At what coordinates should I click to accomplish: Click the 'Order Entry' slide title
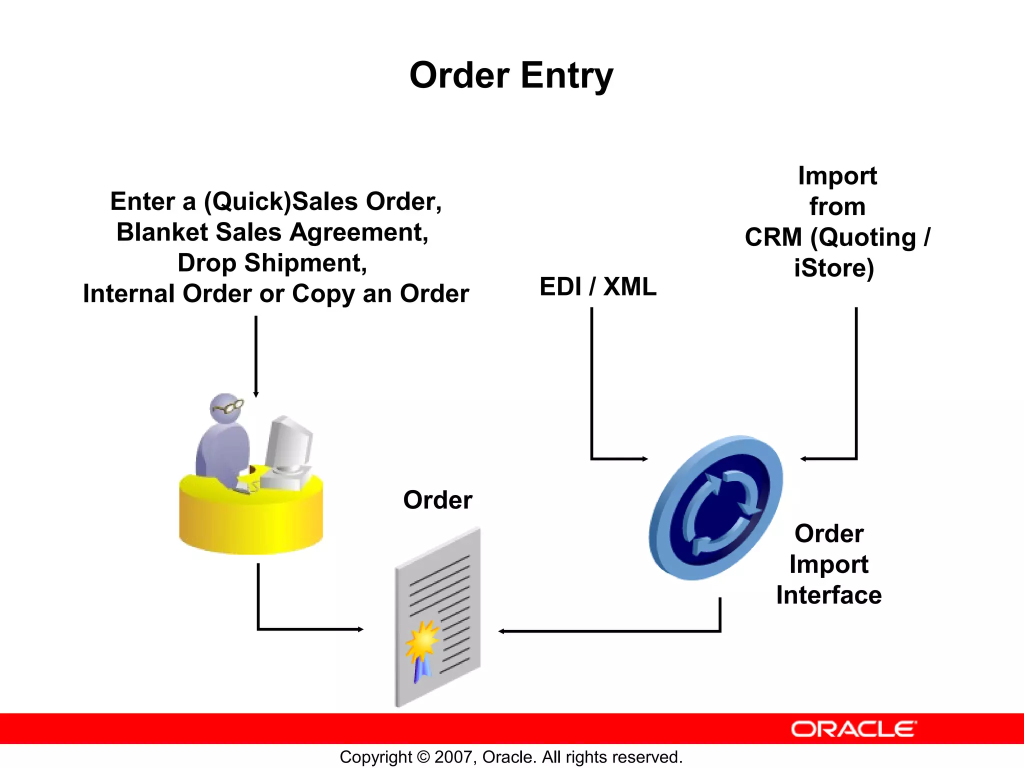pos(511,75)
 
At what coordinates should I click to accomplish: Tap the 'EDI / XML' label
pos(597,287)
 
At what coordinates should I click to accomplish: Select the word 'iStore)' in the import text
pos(834,268)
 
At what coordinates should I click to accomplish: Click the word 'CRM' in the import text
pos(773,237)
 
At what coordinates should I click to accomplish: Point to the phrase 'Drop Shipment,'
pos(272,263)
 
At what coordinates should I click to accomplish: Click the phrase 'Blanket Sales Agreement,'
pos(272,232)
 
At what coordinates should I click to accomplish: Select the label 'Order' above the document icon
pos(437,500)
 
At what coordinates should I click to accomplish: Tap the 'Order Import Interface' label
pos(828,564)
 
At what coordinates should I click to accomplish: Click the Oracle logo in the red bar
pos(853,729)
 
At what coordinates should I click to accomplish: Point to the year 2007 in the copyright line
pos(453,757)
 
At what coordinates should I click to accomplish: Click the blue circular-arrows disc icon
pos(716,507)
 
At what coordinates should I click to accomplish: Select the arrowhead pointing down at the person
pos(256,394)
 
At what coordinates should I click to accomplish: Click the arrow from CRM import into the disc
pos(856,400)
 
